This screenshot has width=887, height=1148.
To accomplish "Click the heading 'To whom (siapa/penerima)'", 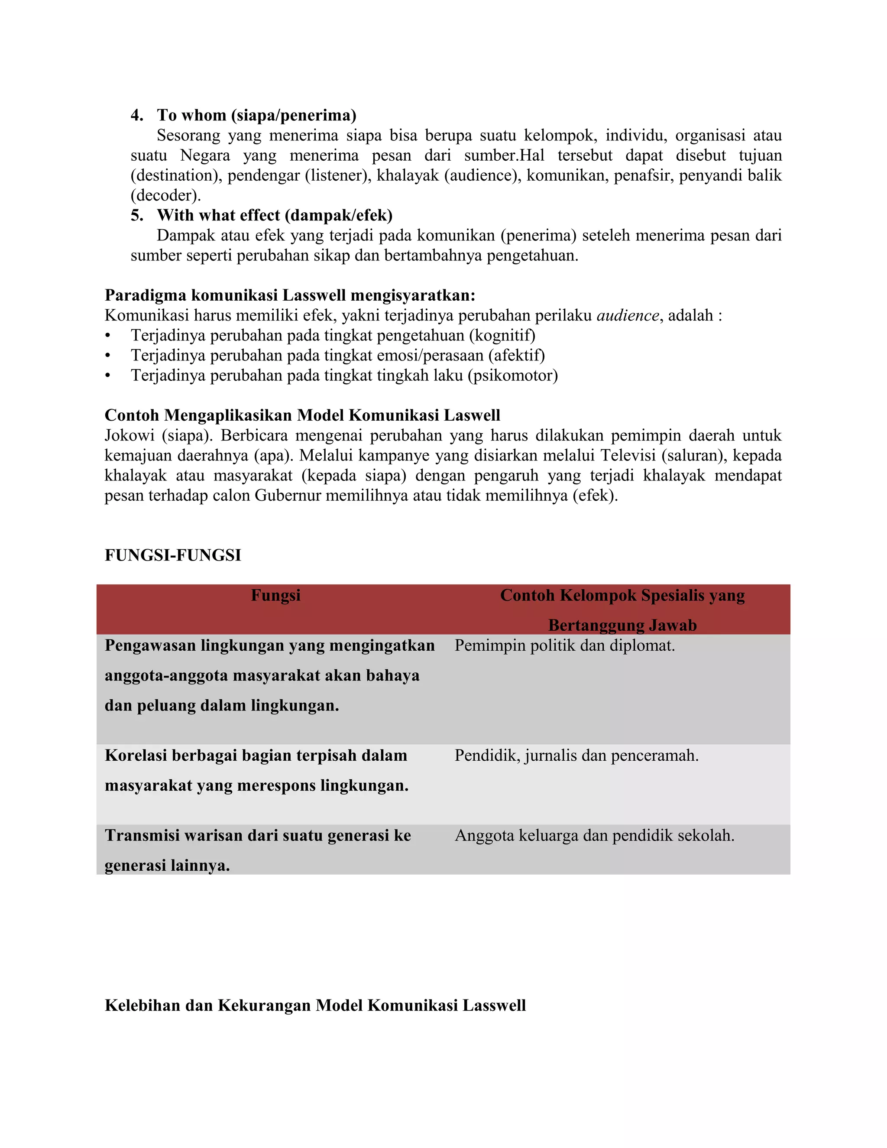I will pos(256,115).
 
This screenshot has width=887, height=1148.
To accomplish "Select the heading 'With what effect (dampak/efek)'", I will pos(274,215).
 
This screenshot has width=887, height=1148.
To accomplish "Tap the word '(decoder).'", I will pos(165,195).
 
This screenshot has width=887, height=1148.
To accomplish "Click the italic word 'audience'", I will pos(628,315).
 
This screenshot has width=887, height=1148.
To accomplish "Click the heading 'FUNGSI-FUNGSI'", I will pos(172,555).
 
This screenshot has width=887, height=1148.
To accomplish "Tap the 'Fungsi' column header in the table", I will pos(275,595).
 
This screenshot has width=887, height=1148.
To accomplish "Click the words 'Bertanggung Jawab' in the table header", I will pos(622,625).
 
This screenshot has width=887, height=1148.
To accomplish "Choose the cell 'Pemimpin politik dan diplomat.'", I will pos(564,645).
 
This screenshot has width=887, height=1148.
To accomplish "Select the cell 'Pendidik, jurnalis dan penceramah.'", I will pos(576,756).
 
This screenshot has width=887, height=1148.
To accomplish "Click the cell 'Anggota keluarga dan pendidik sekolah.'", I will pos(594,835).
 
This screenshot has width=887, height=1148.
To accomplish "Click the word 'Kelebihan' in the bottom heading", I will pos(142,1005).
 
